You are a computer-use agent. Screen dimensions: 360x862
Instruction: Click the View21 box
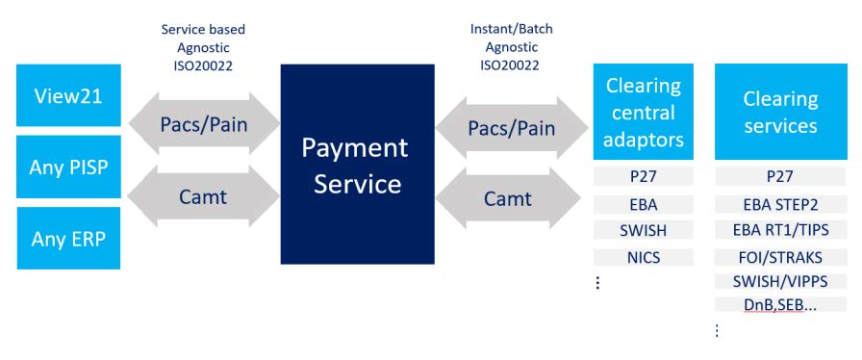69,95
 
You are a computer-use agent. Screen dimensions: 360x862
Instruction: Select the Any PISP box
69,167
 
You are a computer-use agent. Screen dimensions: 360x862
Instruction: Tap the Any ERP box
69,238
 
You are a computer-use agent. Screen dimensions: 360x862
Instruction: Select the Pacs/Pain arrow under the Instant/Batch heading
511,127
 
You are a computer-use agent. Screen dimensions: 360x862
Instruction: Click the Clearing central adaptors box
644,112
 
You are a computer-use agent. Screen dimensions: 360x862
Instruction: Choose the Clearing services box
779,112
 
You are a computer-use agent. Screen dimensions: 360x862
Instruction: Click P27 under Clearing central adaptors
644,177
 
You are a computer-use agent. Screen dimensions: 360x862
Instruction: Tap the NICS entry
644,257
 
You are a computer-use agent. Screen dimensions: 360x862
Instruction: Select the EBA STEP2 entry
779,204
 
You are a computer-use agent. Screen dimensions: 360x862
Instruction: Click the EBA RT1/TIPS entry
779,230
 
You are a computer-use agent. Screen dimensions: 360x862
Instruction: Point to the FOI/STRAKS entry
779,257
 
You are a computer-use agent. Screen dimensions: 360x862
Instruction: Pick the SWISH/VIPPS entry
779,281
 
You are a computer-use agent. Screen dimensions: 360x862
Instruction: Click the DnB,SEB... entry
779,305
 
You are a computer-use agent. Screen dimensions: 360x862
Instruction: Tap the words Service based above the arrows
203,29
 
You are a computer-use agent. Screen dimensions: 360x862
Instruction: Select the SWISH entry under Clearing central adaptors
644,230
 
